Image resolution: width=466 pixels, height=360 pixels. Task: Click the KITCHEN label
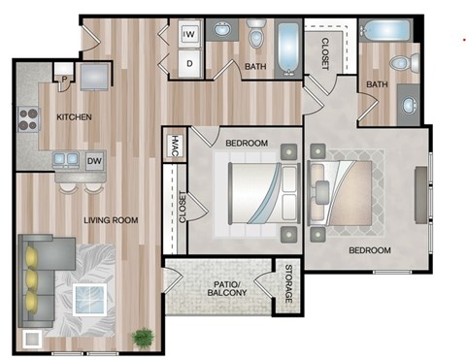tap(74, 117)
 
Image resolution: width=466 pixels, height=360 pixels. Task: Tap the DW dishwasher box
tap(94, 161)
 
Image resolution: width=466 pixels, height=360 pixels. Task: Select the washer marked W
tap(189, 36)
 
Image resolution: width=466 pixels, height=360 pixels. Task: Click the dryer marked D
tap(189, 63)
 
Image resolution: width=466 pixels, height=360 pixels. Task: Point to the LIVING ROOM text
tap(111, 220)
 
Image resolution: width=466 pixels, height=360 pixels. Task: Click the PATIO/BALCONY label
tap(229, 287)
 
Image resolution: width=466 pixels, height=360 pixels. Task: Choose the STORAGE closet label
tap(287, 286)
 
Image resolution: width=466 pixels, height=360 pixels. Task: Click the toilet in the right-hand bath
tap(400, 64)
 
